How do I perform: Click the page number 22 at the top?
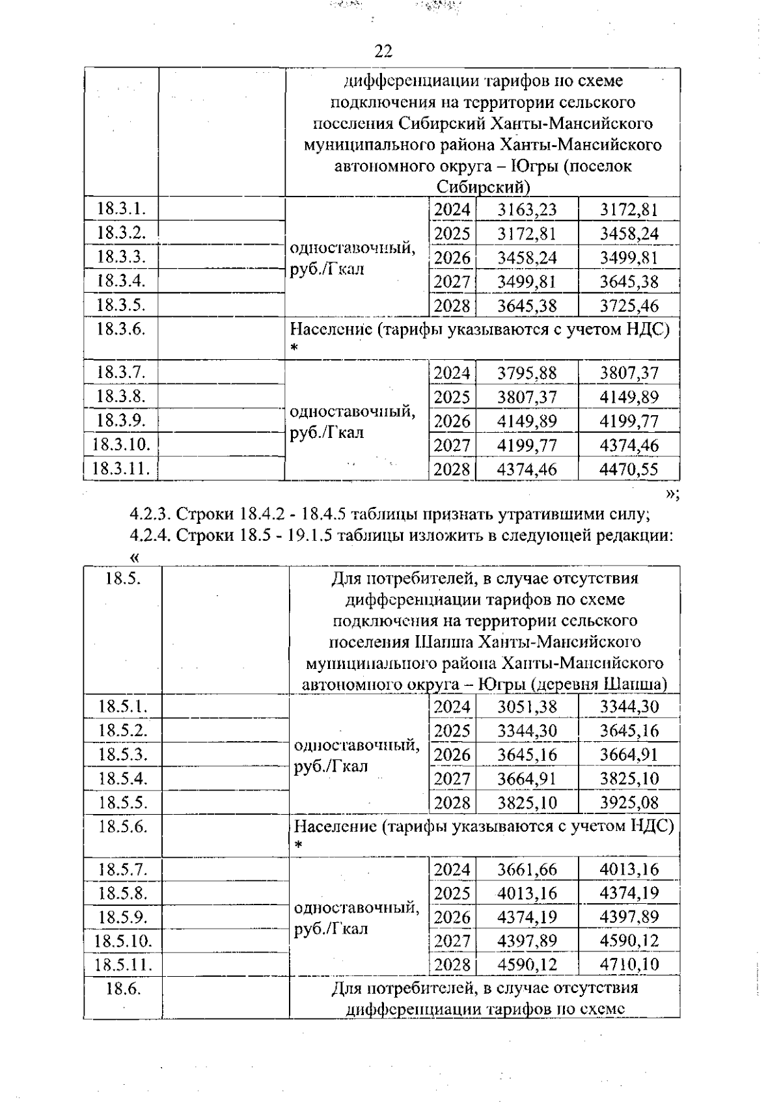[x=383, y=51]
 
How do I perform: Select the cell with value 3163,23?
[x=527, y=210]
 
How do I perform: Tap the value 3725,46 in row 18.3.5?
[x=629, y=306]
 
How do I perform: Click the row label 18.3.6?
[x=120, y=329]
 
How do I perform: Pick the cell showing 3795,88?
[x=527, y=374]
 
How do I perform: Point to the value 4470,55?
[x=629, y=469]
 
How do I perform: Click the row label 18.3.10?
[x=121, y=445]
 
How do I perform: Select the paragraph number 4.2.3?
[x=149, y=514]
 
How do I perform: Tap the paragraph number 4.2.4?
[x=149, y=536]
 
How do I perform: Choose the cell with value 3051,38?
[x=527, y=707]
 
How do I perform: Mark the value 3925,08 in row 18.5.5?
[x=629, y=802]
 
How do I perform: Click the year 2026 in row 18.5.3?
[x=452, y=755]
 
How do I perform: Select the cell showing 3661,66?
[x=527, y=869]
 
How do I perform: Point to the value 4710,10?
[x=629, y=964]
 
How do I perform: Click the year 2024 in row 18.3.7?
[x=452, y=374]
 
